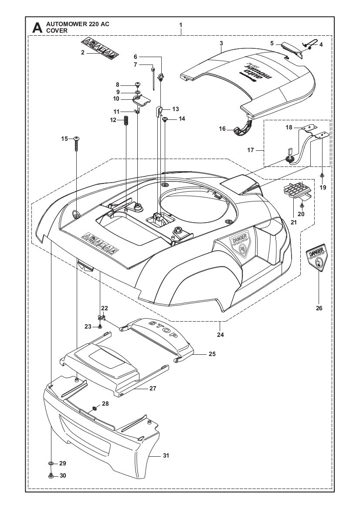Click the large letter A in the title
coord(37,28)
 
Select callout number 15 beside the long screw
coord(65,139)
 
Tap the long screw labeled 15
coord(77,144)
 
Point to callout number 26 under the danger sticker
coord(319,308)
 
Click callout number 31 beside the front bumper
coord(166,455)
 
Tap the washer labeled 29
coord(51,463)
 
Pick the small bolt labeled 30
coord(51,475)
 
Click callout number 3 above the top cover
coord(221,43)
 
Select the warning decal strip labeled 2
coord(100,49)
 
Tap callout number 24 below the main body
coord(221,335)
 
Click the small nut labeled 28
coord(94,409)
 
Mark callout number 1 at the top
coord(180,25)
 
